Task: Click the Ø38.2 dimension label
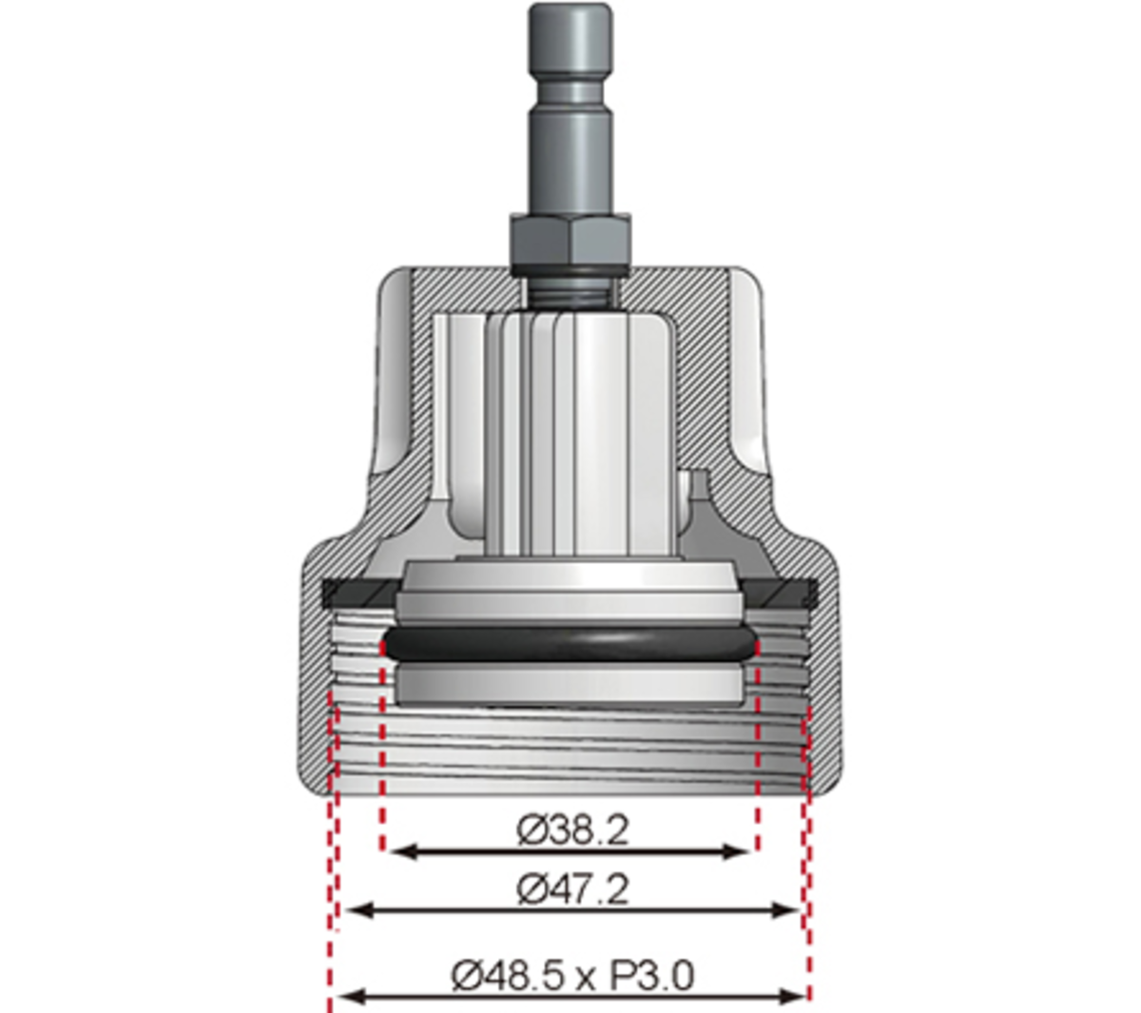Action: [572, 830]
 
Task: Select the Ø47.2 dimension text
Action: [572, 890]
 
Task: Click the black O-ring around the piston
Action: [570, 644]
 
